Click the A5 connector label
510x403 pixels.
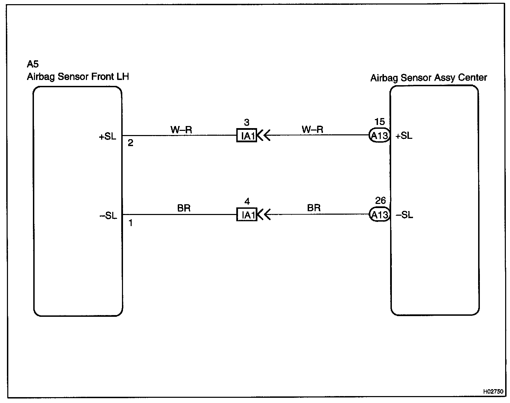tap(33, 64)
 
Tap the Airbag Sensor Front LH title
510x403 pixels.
tap(78, 77)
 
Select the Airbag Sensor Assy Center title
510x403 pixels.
tap(429, 78)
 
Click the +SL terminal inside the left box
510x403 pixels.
tap(107, 136)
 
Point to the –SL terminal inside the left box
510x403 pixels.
tap(108, 216)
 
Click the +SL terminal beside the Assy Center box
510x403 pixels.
tap(404, 136)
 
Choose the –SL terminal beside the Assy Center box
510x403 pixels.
tap(404, 215)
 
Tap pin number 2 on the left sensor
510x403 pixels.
tap(130, 143)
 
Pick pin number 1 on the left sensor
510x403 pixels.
tap(131, 223)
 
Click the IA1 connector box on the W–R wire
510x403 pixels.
tap(247, 136)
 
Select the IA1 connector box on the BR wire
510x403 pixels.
tap(247, 215)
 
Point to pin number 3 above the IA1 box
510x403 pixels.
tap(247, 123)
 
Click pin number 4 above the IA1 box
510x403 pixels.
tap(247, 201)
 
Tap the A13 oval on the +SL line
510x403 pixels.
tap(379, 136)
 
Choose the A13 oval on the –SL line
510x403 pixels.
tap(379, 215)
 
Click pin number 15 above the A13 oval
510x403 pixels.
tap(380, 122)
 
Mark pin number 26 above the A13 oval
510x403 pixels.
tap(380, 201)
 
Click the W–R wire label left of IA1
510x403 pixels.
tap(181, 130)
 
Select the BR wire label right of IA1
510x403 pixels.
tap(314, 208)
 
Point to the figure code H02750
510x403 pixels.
tap(493, 392)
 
